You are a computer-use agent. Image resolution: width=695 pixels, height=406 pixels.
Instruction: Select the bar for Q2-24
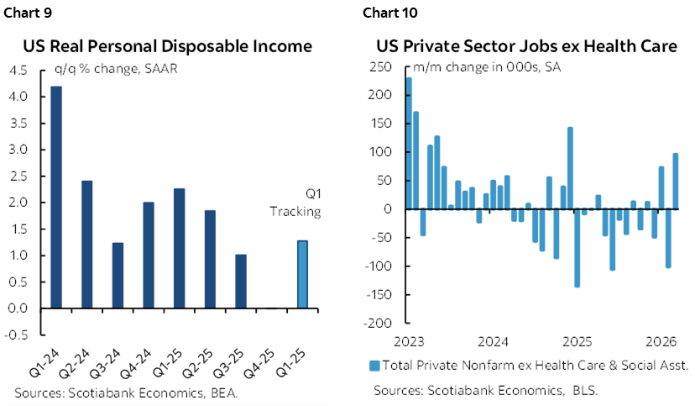(86, 245)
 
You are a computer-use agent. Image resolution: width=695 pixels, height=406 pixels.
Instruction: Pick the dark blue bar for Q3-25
(241, 281)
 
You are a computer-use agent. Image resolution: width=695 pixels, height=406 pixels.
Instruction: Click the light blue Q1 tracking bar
(302, 274)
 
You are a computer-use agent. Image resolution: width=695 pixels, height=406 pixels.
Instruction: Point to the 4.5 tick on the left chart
(20, 71)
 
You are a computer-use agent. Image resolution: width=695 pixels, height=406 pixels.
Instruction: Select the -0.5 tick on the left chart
(18, 335)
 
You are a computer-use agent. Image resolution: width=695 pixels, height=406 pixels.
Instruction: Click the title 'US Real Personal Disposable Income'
(167, 46)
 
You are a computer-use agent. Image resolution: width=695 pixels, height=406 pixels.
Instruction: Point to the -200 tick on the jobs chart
(381, 324)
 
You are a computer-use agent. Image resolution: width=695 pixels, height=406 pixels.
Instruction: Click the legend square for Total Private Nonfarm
(374, 366)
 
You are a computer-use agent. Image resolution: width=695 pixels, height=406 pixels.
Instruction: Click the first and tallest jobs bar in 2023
(409, 143)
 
